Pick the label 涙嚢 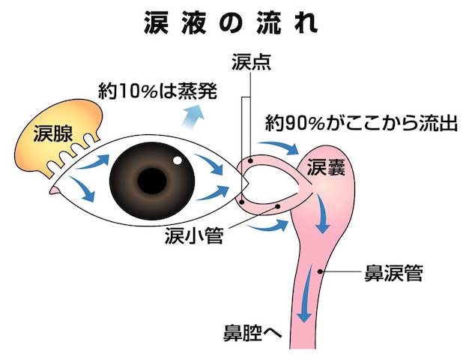(326, 166)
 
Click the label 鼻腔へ (252, 331)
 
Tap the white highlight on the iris (178, 160)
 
